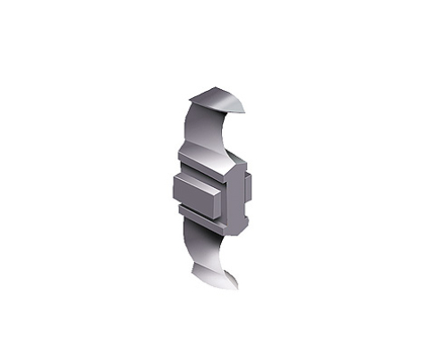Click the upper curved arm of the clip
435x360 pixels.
(x=201, y=125)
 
